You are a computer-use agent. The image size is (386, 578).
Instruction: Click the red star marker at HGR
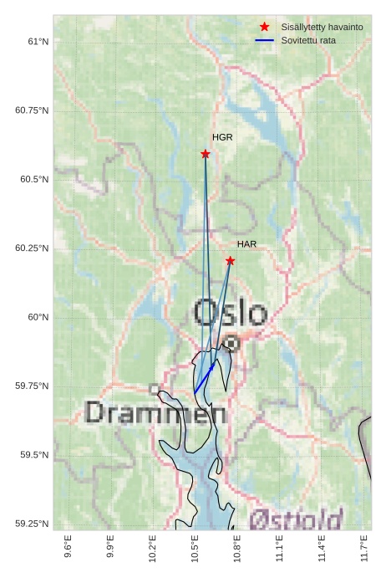(x=206, y=154)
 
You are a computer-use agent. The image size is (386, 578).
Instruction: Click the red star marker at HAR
(x=231, y=261)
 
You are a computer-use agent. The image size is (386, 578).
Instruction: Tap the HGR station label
(x=222, y=137)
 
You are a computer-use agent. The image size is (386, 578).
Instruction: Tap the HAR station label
(x=246, y=244)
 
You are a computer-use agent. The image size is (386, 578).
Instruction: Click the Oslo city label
(x=231, y=314)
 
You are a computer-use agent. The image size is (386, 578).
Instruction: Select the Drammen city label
(x=155, y=412)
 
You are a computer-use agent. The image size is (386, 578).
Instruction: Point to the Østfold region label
(x=296, y=519)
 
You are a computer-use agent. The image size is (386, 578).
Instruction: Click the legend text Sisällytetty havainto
(x=322, y=28)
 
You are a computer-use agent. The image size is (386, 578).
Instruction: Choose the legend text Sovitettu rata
(x=308, y=40)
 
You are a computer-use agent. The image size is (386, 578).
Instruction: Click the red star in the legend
(x=265, y=28)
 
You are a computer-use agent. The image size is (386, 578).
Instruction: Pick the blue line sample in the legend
(x=265, y=40)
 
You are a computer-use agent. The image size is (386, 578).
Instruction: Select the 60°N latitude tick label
(x=38, y=317)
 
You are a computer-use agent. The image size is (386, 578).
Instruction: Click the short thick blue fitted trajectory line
(x=205, y=378)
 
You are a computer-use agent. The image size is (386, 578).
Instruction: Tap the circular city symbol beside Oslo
(x=231, y=343)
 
